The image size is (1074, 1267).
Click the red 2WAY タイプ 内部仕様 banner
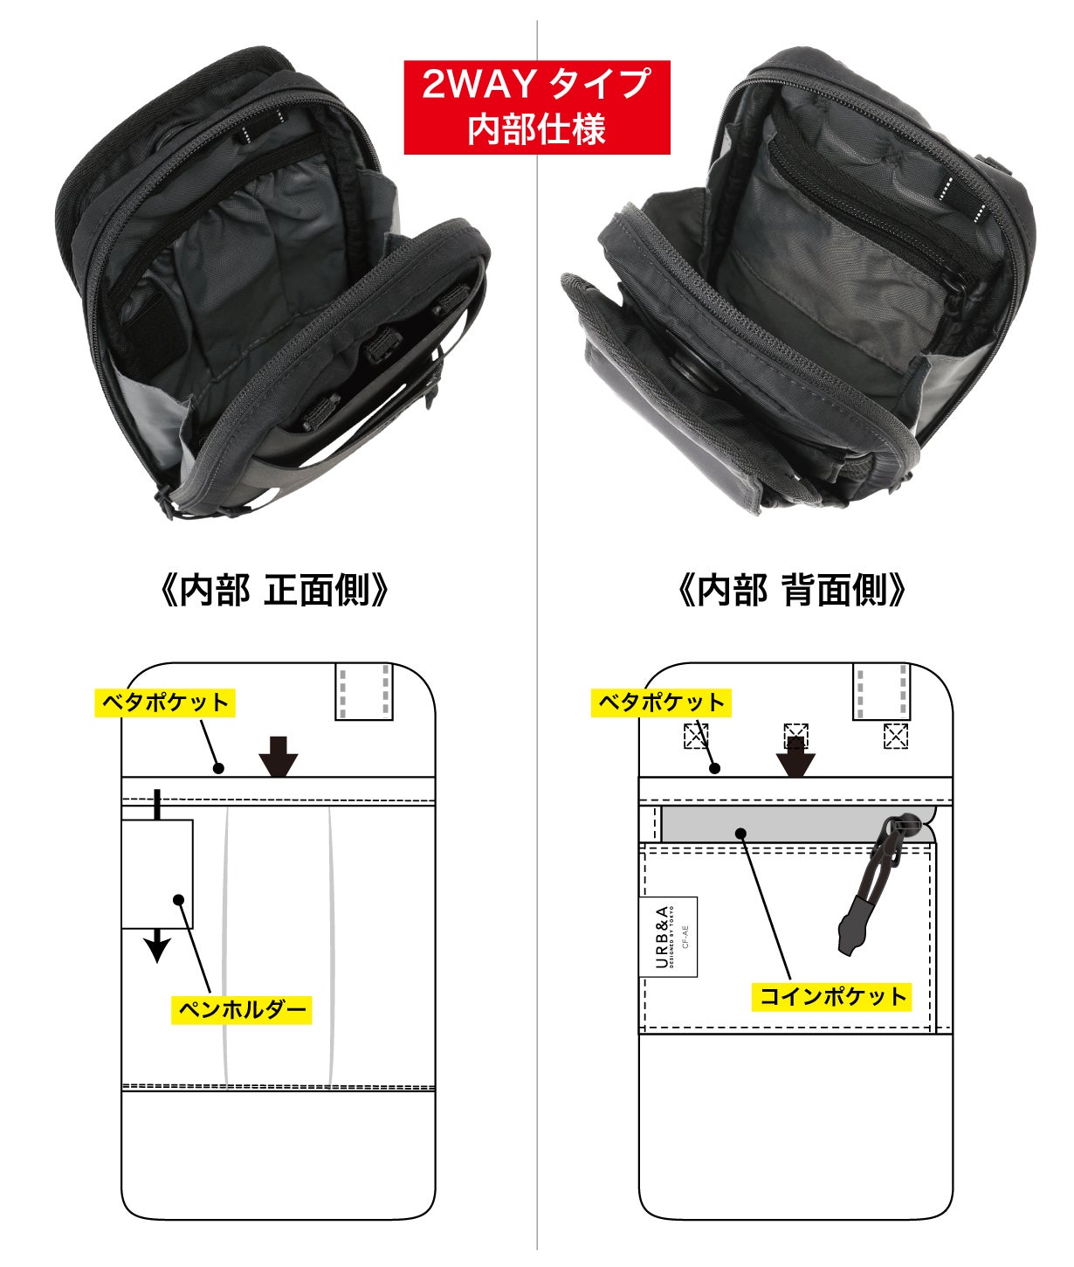(x=537, y=107)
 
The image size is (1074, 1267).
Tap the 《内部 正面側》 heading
(x=274, y=591)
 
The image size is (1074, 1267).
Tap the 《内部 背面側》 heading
(x=792, y=591)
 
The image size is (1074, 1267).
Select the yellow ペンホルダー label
(x=241, y=1009)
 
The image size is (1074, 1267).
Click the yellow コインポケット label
(x=832, y=996)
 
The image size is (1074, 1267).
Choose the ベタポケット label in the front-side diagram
(x=165, y=703)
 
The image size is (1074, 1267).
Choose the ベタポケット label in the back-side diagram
(x=661, y=703)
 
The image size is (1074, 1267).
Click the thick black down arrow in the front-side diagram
(x=279, y=756)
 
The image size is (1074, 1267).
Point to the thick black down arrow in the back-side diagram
(x=795, y=757)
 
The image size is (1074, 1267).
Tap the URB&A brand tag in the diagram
(x=669, y=937)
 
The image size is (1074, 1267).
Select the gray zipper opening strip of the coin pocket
(x=773, y=824)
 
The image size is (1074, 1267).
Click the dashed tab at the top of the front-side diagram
(x=364, y=691)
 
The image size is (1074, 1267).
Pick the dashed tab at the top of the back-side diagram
(x=882, y=691)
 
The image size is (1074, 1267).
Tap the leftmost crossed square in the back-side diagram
(x=696, y=736)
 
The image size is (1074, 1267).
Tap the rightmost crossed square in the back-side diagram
(x=896, y=736)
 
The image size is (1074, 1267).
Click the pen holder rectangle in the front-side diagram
(x=157, y=874)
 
